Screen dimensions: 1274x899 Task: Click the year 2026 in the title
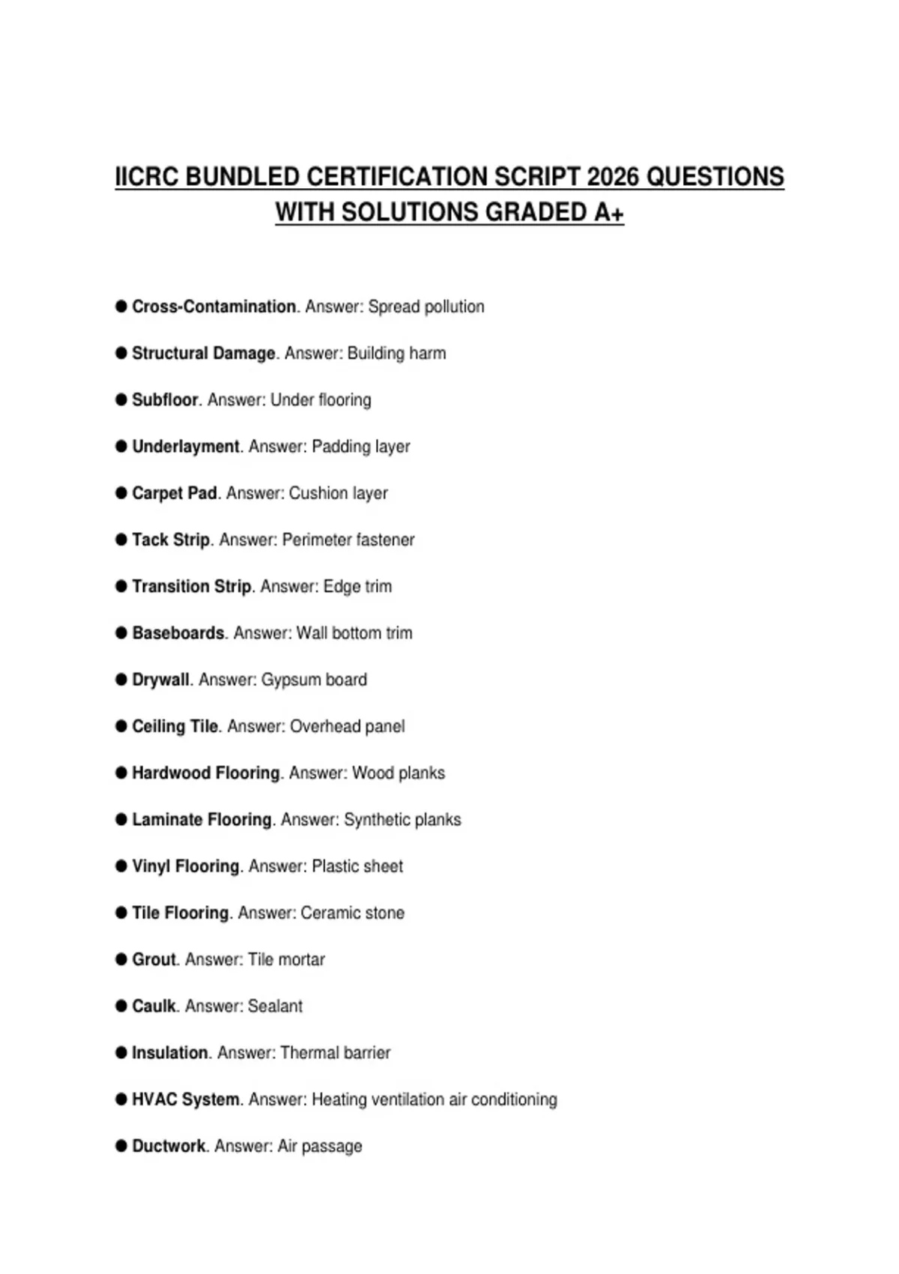tap(614, 177)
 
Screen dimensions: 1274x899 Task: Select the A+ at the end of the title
tap(608, 213)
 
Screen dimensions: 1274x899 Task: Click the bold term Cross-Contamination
tap(214, 307)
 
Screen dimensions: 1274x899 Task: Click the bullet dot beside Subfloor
tap(121, 399)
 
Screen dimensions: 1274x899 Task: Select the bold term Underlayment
tap(186, 447)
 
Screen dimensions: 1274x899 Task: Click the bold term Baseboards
tap(178, 633)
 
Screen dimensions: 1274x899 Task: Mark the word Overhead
tap(324, 726)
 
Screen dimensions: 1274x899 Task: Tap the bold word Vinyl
tap(151, 866)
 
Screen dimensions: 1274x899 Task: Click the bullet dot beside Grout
tap(121, 959)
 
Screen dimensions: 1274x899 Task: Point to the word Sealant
tap(275, 1006)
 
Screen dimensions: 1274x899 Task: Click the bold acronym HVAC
tap(154, 1099)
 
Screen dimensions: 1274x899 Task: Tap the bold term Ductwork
tap(169, 1146)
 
